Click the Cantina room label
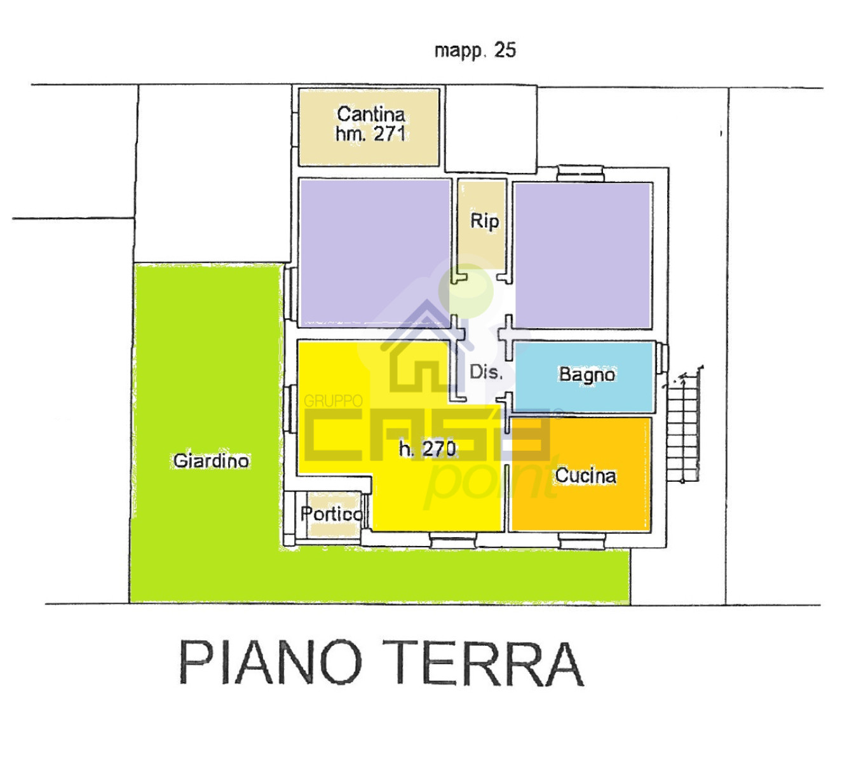click(370, 114)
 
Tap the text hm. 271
click(370, 133)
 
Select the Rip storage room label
click(485, 222)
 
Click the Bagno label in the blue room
click(587, 375)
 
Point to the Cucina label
click(585, 476)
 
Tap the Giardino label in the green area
click(211, 461)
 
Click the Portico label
click(331, 514)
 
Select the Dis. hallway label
click(486, 372)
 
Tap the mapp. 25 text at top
click(475, 51)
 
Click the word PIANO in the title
click(271, 662)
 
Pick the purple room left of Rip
click(375, 253)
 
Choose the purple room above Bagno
click(583, 256)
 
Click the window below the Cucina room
click(582, 541)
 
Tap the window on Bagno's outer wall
click(662, 358)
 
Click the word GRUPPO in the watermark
click(333, 401)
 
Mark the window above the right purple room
click(581, 174)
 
